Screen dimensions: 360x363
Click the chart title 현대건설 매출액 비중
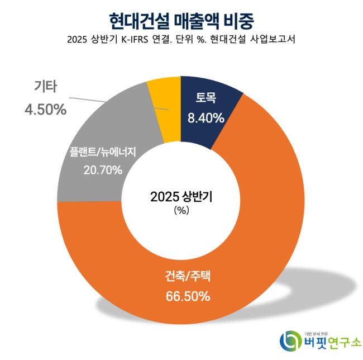pyautogui.click(x=181, y=20)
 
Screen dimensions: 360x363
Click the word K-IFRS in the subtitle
pyautogui.click(x=149, y=41)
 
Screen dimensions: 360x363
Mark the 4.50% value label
pyautogui.click(x=45, y=109)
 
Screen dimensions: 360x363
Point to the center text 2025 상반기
pyautogui.click(x=181, y=196)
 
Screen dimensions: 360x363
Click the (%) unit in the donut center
pyautogui.click(x=181, y=211)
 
